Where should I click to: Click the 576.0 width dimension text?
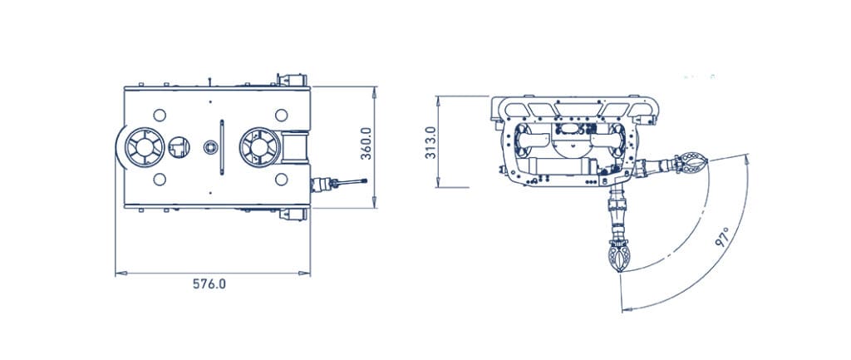(209, 284)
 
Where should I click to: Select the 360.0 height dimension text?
(366, 144)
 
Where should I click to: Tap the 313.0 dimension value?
(430, 142)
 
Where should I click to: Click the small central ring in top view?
(210, 147)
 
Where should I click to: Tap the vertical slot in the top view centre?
(222, 147)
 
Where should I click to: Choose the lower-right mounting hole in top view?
(281, 180)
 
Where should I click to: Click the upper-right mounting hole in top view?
(281, 114)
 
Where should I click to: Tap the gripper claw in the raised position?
(691, 163)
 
